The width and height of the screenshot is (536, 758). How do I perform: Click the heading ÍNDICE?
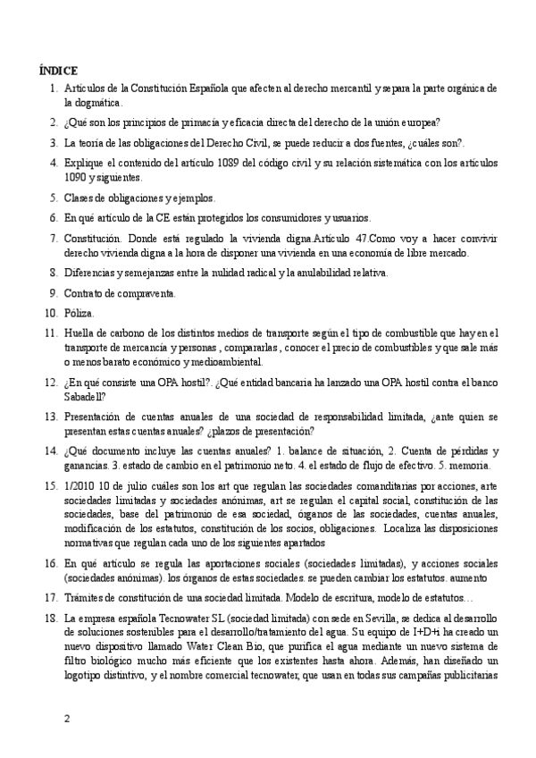tap(58, 70)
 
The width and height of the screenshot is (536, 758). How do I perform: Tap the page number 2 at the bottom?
tap(65, 718)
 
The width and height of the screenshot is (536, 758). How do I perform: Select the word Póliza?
tap(79, 313)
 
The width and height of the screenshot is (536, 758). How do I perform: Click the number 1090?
tap(77, 177)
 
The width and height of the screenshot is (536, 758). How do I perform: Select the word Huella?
tap(81, 333)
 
